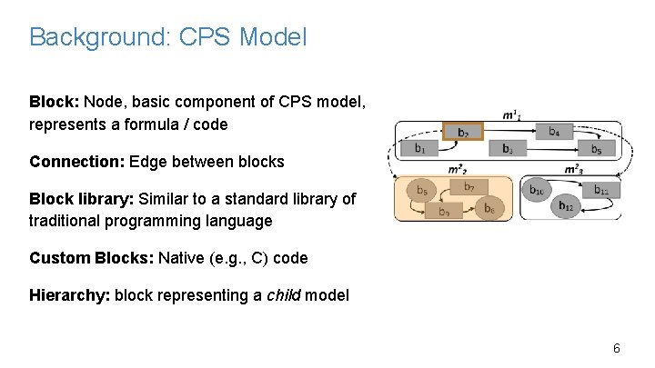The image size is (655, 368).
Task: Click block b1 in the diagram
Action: point(418,148)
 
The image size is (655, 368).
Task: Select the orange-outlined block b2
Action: point(463,133)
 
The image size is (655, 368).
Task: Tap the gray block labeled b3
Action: point(508,148)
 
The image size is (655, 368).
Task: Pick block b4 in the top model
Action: point(554,132)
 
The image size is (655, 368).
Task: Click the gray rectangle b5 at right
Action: point(595,148)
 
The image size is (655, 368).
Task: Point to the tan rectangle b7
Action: point(469,188)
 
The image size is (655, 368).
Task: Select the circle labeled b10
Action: point(538,191)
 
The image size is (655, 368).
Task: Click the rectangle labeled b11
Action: point(600,190)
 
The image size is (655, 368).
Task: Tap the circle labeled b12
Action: point(567,206)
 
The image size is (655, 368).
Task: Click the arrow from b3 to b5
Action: point(551,148)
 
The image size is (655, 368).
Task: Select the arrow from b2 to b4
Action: point(509,133)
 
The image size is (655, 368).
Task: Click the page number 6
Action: point(616,349)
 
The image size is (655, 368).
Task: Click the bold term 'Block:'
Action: point(55,101)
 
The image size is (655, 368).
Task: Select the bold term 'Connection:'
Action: point(77,162)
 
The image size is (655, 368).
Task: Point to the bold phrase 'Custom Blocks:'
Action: point(92,258)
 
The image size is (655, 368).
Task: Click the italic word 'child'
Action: point(284,295)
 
